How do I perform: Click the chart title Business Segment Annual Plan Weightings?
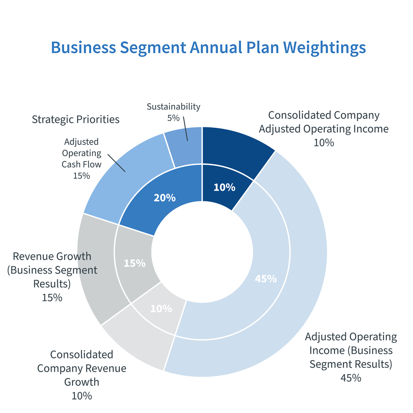point(208,47)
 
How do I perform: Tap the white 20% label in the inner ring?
point(165,198)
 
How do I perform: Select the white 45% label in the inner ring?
point(265,279)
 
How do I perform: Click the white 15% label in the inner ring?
point(135,263)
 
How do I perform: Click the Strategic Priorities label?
point(76,119)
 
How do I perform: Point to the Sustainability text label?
point(173,107)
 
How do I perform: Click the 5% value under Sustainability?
point(173,117)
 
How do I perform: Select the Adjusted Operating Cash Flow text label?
point(81,153)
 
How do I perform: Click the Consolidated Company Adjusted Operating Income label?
point(324,122)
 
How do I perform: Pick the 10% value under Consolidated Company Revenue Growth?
point(82,395)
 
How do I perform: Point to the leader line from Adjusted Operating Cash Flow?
point(116,163)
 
